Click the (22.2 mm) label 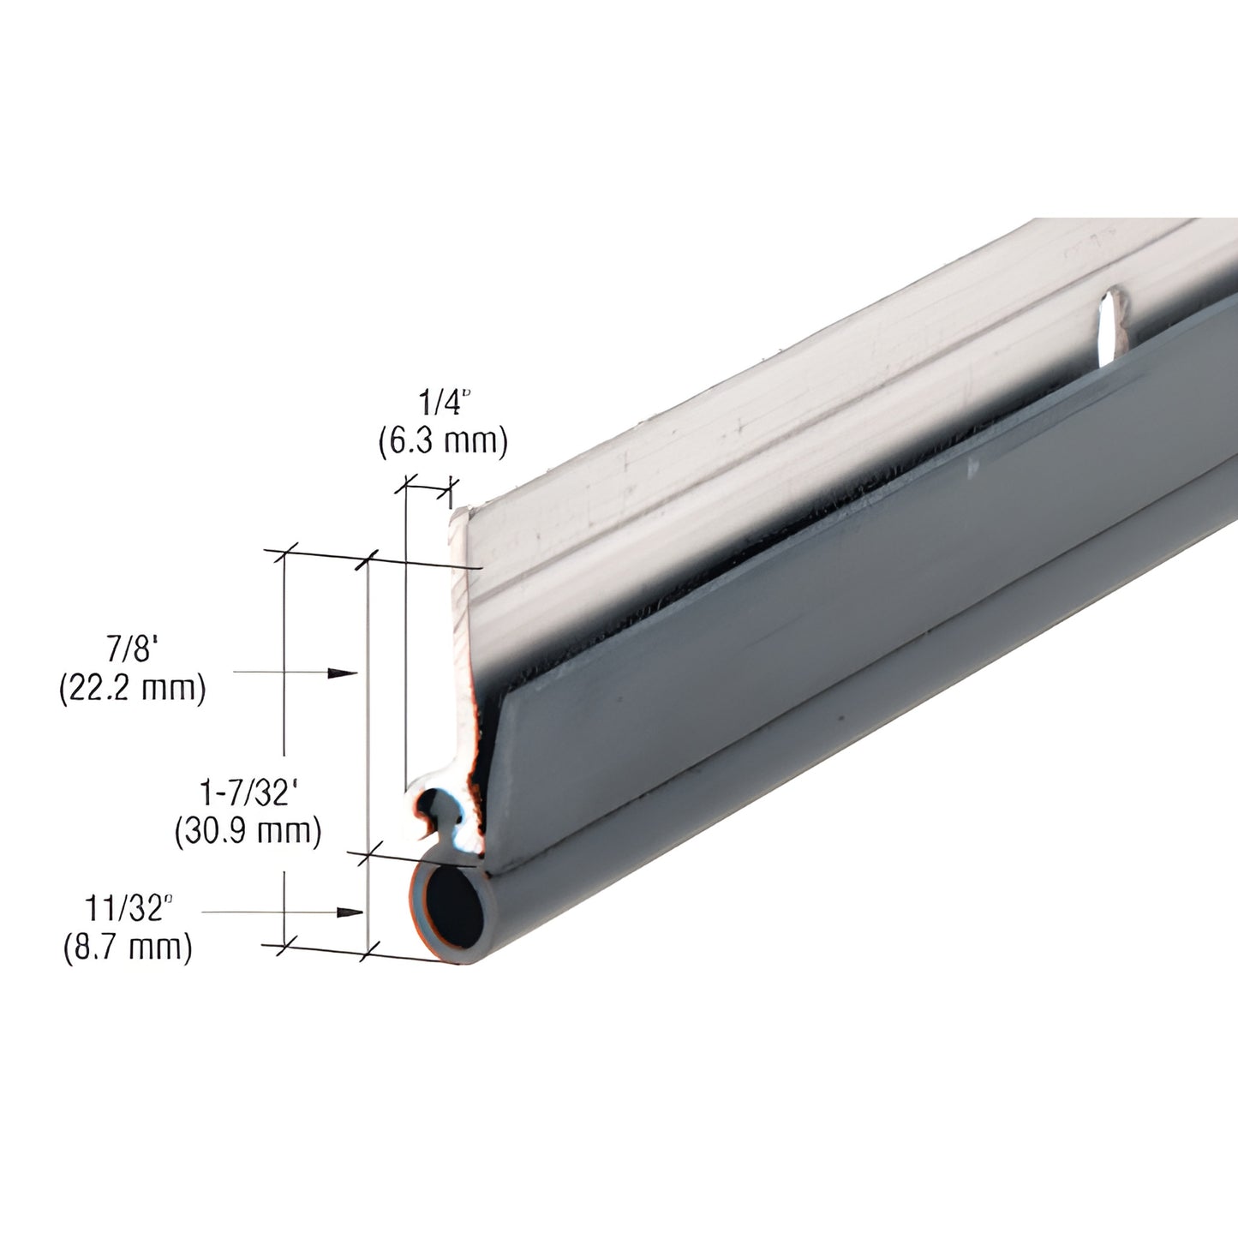point(133,688)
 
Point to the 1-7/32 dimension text point(249,792)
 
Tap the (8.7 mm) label point(128,948)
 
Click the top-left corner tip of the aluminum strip point(458,511)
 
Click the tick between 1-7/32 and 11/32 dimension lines point(368,854)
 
